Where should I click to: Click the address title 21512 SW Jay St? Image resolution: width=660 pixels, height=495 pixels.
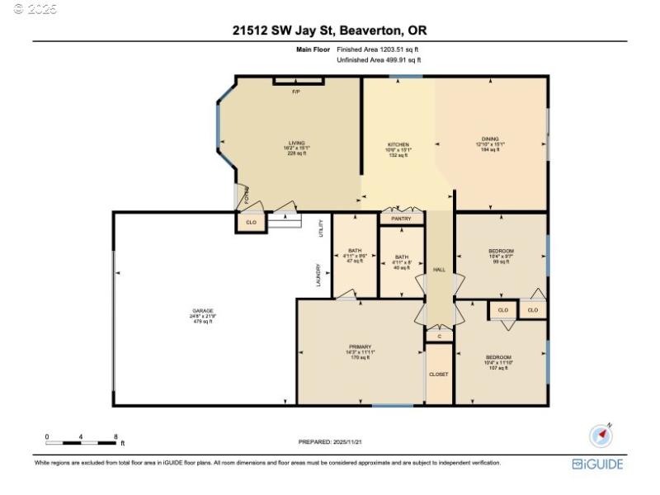click(x=330, y=31)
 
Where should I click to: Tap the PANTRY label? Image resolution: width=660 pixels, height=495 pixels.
click(x=401, y=219)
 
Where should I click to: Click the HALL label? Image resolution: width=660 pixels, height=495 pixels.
click(x=439, y=270)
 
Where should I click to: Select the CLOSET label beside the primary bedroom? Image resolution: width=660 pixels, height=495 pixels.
click(x=439, y=374)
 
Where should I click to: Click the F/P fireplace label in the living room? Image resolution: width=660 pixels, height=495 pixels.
click(x=295, y=91)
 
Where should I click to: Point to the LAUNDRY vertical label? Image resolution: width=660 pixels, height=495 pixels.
click(x=318, y=274)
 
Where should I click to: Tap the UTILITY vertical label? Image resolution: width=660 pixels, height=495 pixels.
click(x=320, y=229)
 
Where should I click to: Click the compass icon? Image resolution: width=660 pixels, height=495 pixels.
click(x=601, y=436)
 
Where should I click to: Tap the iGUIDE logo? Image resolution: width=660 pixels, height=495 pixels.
click(x=597, y=464)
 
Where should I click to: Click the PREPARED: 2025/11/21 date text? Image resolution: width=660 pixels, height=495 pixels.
click(x=330, y=442)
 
